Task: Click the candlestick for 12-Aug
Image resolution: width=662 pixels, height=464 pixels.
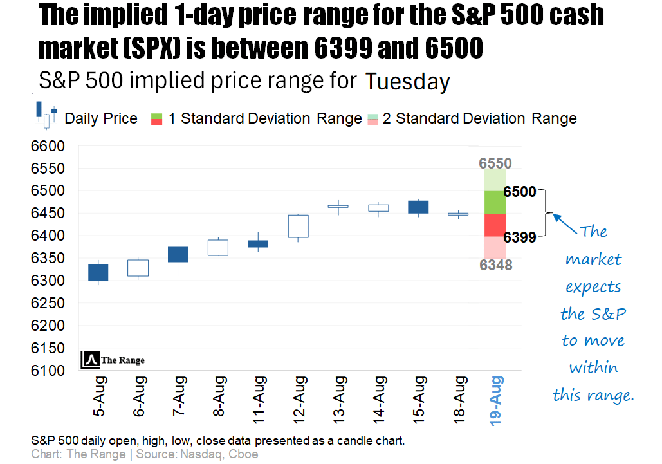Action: tap(298, 226)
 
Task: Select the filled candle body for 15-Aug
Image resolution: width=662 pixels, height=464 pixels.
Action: tap(418, 207)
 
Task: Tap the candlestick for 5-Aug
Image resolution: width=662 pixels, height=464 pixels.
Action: tap(98, 272)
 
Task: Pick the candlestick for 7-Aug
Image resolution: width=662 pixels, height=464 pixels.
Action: tap(178, 254)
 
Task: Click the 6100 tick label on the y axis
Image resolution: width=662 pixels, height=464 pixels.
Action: tap(48, 371)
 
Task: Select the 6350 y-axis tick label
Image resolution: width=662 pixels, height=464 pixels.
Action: tap(48, 258)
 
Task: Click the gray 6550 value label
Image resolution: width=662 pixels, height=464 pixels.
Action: tap(495, 163)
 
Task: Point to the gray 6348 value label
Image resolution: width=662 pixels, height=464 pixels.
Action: tap(495, 264)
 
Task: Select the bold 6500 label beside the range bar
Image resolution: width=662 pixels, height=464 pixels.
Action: tap(519, 192)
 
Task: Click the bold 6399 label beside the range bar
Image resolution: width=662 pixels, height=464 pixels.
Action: tap(519, 238)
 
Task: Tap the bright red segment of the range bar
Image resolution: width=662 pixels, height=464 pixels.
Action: tap(495, 225)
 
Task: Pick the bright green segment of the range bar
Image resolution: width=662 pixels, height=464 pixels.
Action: tap(495, 202)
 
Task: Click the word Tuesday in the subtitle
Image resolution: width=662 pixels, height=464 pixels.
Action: tap(407, 82)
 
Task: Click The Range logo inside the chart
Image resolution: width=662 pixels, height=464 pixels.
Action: tap(113, 360)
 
